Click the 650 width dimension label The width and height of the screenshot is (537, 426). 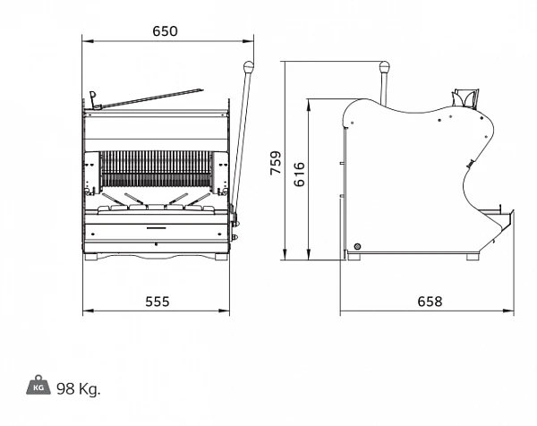click(165, 31)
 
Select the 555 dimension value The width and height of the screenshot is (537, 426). click(158, 302)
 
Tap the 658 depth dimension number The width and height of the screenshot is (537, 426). click(430, 302)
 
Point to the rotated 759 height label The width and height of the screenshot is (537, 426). click(276, 163)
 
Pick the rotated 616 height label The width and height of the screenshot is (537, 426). click(299, 175)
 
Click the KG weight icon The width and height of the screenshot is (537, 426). click(38, 385)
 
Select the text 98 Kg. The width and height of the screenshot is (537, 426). click(79, 388)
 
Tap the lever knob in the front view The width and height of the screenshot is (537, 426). click(248, 67)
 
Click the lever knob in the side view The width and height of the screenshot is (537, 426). click(384, 67)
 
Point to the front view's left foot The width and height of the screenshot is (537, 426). click(91, 257)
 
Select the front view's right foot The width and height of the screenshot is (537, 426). click(221, 257)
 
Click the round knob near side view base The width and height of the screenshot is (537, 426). click(357, 246)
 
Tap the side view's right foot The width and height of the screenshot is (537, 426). click(473, 257)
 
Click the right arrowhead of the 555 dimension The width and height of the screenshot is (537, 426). click(224, 311)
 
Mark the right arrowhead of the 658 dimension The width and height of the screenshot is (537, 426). click(508, 311)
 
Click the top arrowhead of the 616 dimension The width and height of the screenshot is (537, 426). click(309, 105)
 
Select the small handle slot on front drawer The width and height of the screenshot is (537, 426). click(156, 227)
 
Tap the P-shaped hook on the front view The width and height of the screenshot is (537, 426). click(92, 98)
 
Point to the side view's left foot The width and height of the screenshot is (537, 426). click(354, 257)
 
